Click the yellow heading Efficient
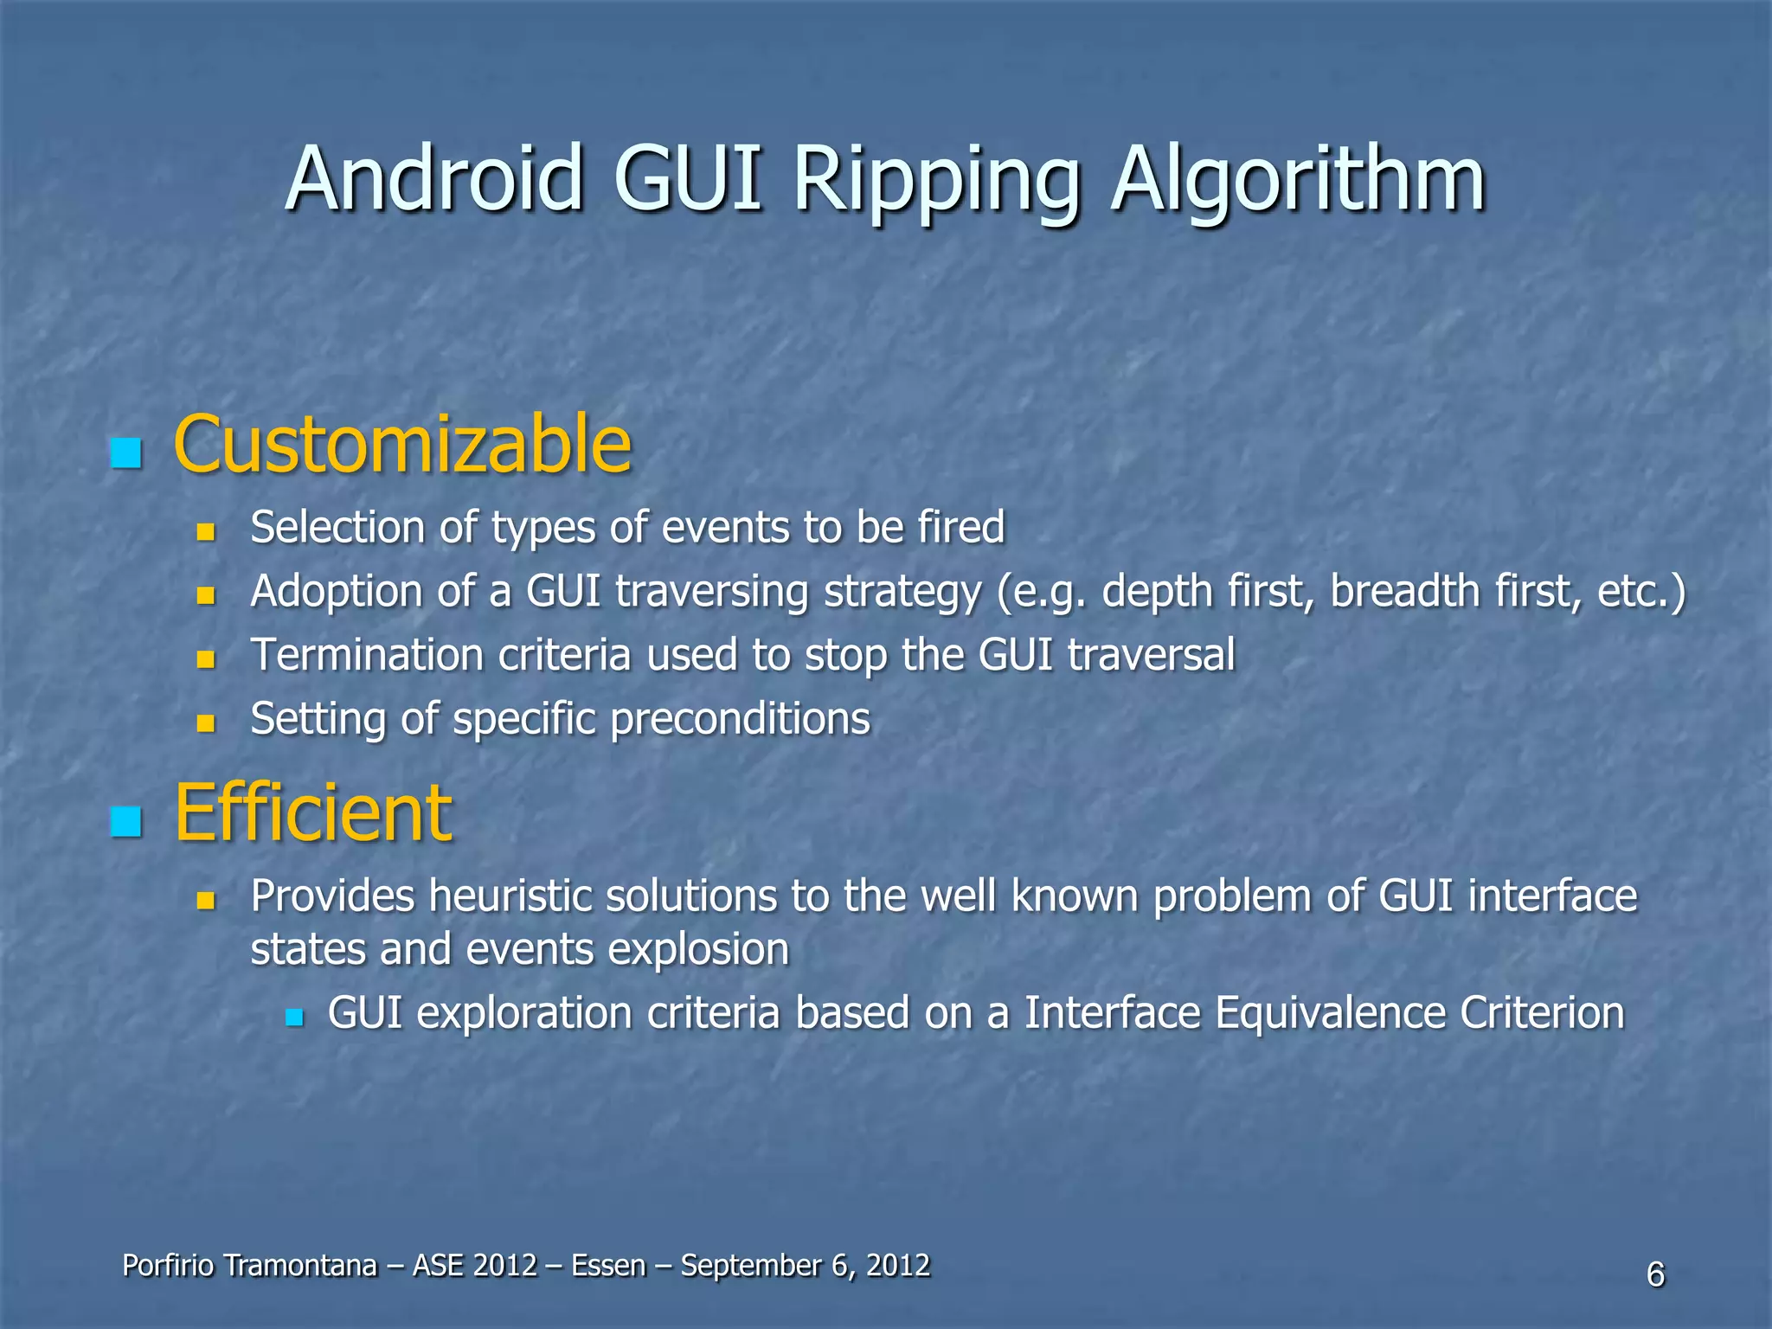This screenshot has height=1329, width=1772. coord(312,812)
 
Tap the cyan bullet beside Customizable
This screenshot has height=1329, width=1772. coord(126,453)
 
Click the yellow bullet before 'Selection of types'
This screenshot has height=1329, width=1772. coord(205,530)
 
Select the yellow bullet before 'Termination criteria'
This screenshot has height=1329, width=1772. coord(205,659)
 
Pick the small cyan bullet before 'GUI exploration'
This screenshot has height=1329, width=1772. coord(294,1018)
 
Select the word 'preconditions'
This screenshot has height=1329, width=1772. coord(740,719)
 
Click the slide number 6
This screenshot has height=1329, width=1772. coord(1655,1274)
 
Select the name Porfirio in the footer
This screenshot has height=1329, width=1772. coord(168,1266)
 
